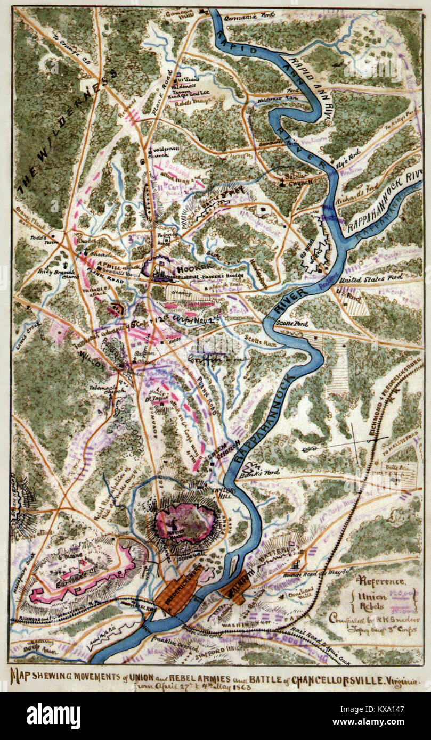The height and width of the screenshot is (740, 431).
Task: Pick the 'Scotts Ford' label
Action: (x=292, y=324)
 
